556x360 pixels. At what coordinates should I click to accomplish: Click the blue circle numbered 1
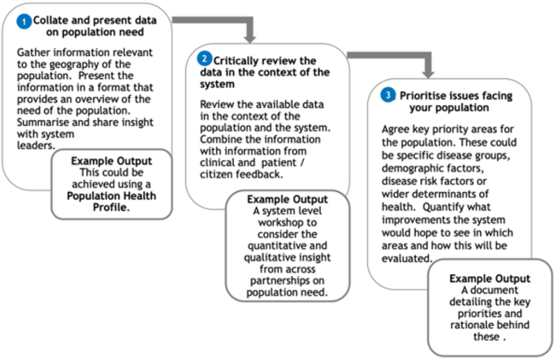click(24, 22)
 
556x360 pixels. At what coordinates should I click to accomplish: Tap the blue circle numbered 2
click(204, 58)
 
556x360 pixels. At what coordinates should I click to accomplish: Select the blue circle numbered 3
click(388, 95)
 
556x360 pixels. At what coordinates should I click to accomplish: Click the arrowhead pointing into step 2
click(251, 39)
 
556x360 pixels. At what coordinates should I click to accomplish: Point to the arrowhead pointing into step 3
click(428, 74)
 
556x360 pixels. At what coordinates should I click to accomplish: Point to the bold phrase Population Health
click(111, 196)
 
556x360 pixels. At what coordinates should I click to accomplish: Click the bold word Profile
click(111, 207)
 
